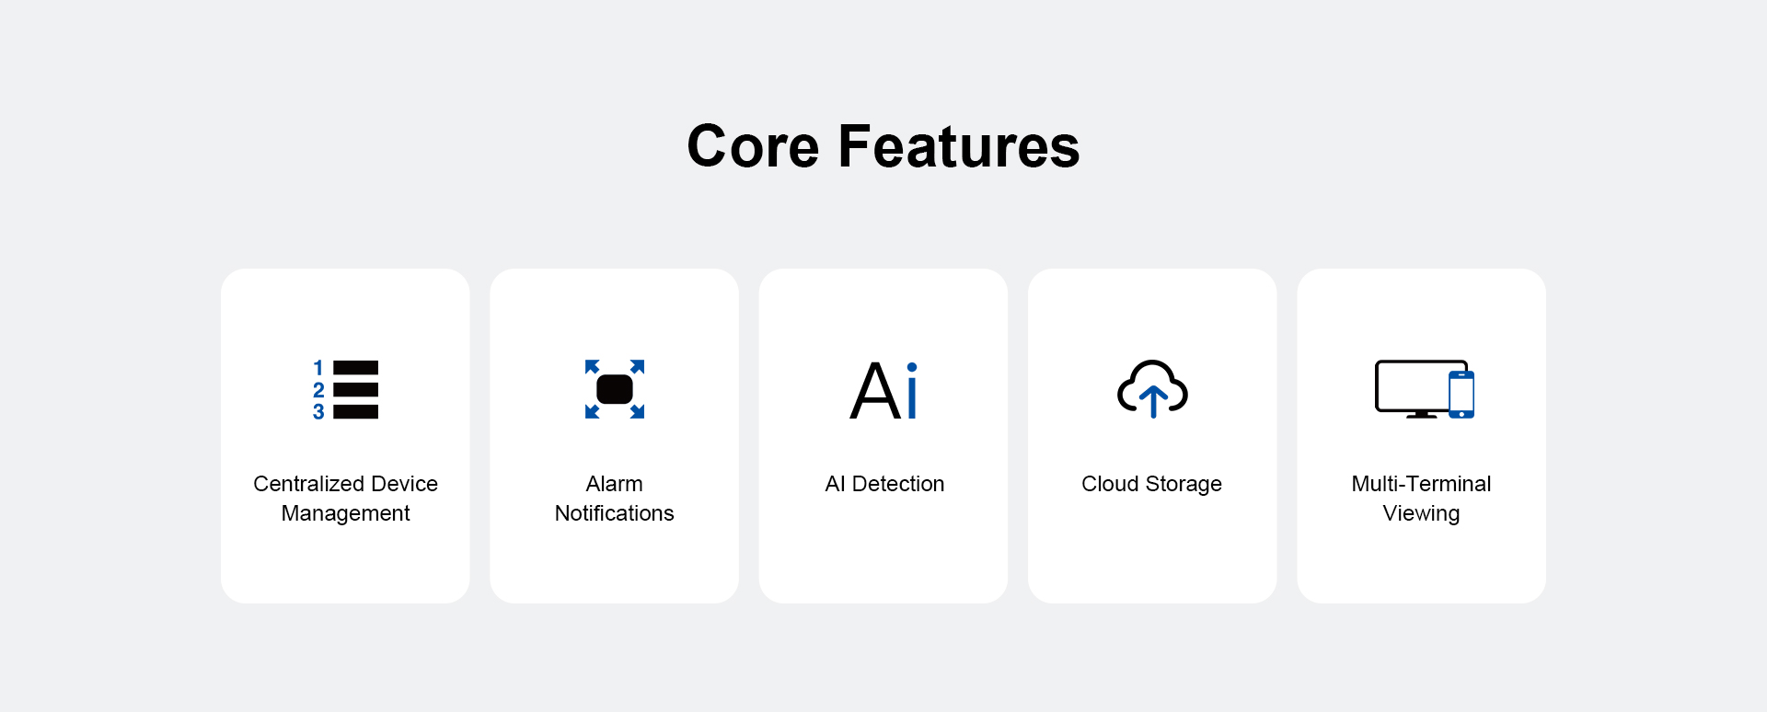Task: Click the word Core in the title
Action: coord(753,146)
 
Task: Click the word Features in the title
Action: coord(959,146)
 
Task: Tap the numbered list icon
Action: coord(345,389)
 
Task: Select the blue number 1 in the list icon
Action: coord(318,368)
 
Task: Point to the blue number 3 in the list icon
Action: coord(318,411)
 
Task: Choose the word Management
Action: coord(345,513)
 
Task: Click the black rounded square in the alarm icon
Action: coord(615,389)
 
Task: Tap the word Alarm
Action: coord(614,484)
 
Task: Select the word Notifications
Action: coord(614,513)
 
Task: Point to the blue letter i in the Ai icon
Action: coord(912,391)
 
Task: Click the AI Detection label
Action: coord(884,484)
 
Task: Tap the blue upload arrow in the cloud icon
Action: coord(1153,401)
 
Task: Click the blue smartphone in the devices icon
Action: coord(1461,394)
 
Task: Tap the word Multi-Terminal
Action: coord(1421,484)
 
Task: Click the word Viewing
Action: coord(1421,514)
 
